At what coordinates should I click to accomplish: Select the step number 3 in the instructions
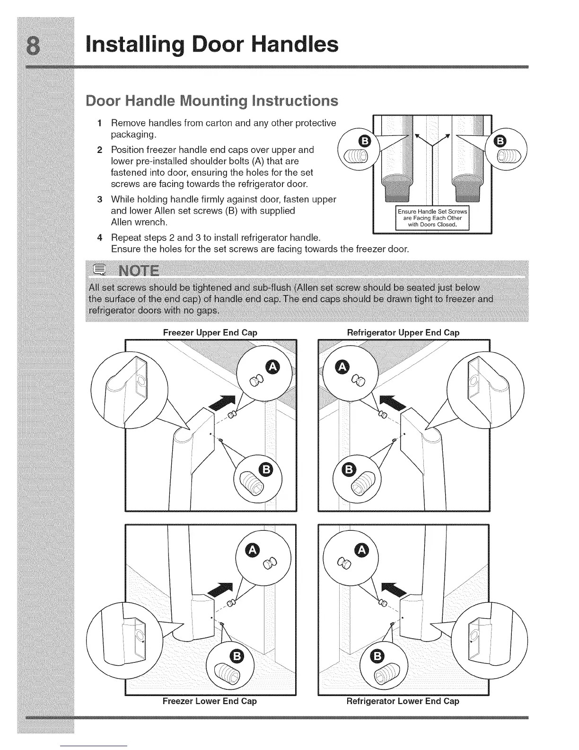tap(99, 199)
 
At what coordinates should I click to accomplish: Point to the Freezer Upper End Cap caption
tap(210, 332)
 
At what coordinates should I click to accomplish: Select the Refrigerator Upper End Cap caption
tap(403, 332)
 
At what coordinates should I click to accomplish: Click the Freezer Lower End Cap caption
tap(210, 701)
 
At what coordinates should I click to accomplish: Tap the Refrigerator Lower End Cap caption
tap(403, 701)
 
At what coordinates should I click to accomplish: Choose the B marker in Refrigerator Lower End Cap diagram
tap(377, 656)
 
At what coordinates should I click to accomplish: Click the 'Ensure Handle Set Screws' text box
tap(432, 218)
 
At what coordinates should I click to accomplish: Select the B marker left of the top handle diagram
tap(365, 141)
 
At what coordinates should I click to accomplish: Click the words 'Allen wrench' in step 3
tap(139, 222)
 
